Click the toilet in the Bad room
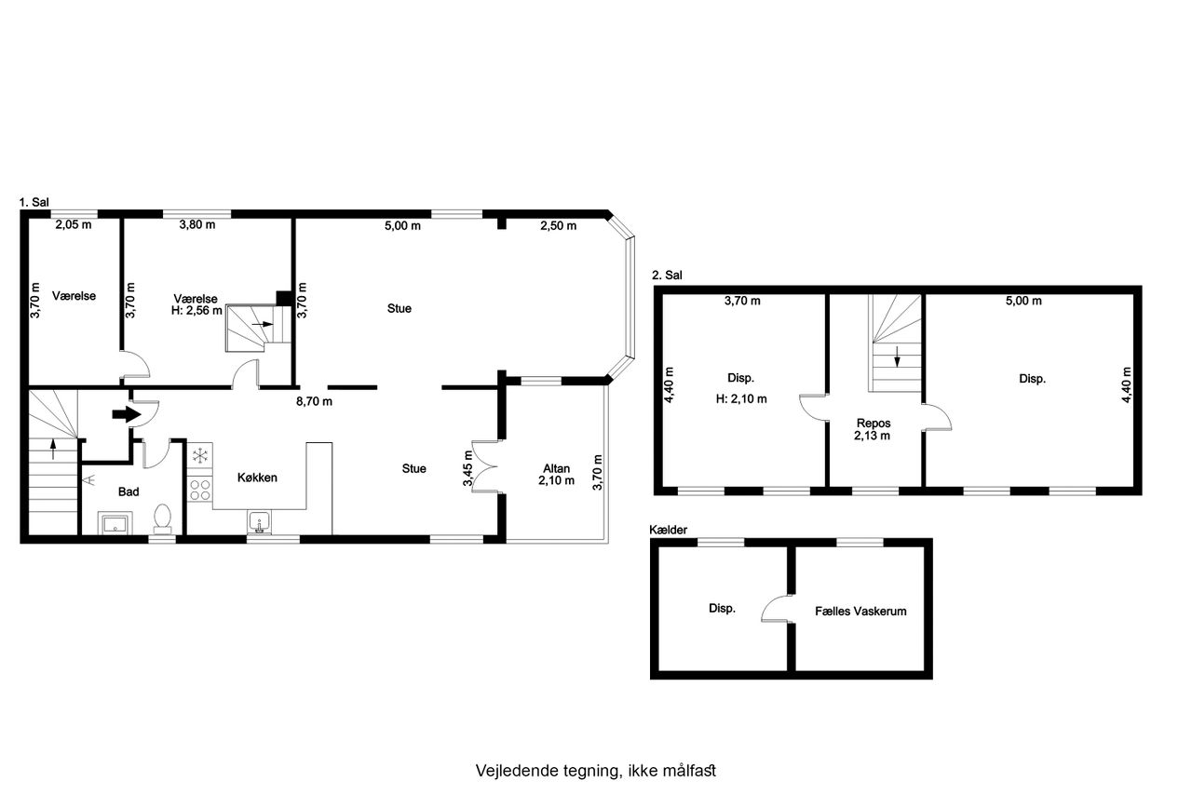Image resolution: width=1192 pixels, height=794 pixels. pos(162,518)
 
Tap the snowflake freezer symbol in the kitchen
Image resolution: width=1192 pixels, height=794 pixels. pos(200,455)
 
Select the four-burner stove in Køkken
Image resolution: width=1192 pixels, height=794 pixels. pos(200,490)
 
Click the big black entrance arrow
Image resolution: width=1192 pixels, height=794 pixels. pos(126,414)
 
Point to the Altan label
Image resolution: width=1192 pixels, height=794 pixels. pos(557,468)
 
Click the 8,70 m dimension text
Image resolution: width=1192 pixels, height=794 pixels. pos(314,401)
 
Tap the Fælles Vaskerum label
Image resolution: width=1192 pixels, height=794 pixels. pos(860,611)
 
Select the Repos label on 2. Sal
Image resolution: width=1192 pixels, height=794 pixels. pos(874,424)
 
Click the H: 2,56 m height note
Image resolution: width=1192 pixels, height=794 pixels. pos(196,311)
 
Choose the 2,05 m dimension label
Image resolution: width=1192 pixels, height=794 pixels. pos(74,225)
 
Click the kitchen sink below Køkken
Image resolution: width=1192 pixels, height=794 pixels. pos(259,522)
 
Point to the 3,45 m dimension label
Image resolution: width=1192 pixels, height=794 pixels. pos(467,468)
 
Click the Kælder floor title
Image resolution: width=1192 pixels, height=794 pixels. pos(668,530)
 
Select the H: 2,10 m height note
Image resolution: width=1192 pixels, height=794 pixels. pos(741,398)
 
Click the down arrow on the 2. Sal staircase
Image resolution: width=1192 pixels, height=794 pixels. pos(897,357)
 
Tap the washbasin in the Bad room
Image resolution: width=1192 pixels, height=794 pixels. pos(115,523)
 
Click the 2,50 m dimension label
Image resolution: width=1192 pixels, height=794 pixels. pos(558,226)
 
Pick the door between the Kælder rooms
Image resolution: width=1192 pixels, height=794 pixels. pos(778,609)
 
